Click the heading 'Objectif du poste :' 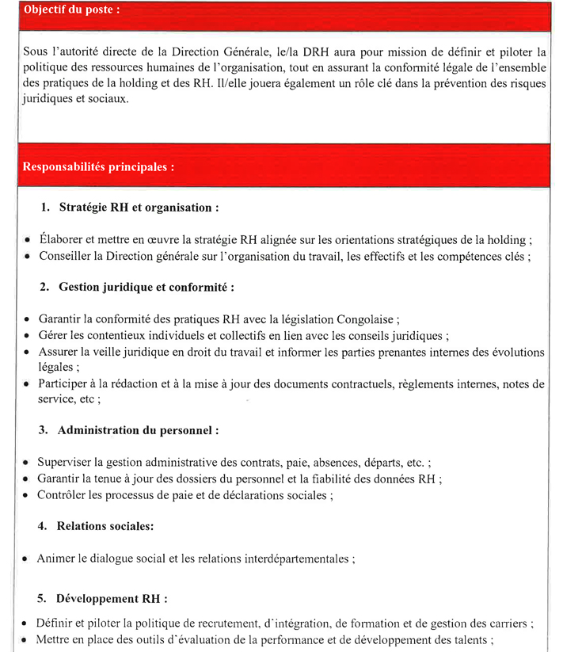[x=72, y=10]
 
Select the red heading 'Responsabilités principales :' [x=98, y=167]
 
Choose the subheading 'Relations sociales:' [x=105, y=525]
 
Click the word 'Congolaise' [x=367, y=319]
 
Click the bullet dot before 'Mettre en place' [x=26, y=639]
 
